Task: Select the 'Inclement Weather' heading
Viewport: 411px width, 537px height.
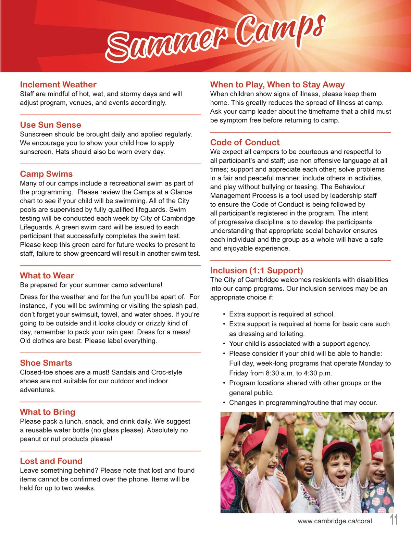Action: [x=58, y=85]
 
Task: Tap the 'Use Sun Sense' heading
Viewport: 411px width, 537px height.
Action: [x=50, y=125]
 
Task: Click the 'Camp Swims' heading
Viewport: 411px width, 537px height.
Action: [x=46, y=174]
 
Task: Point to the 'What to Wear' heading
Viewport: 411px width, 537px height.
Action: [x=47, y=276]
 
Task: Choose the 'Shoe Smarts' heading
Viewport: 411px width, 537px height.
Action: [x=46, y=363]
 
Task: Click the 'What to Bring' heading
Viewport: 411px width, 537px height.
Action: [x=48, y=412]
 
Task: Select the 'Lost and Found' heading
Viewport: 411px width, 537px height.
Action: [x=51, y=461]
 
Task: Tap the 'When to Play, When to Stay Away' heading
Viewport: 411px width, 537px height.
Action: [x=277, y=85]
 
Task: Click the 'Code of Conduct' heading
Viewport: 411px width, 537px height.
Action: [x=245, y=142]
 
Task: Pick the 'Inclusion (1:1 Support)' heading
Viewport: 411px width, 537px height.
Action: [x=257, y=270]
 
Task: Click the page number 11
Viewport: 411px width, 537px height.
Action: [x=394, y=520]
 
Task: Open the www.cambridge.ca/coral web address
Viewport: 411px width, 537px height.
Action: [x=335, y=521]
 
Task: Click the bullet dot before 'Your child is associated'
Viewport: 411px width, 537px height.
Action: [x=224, y=344]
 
